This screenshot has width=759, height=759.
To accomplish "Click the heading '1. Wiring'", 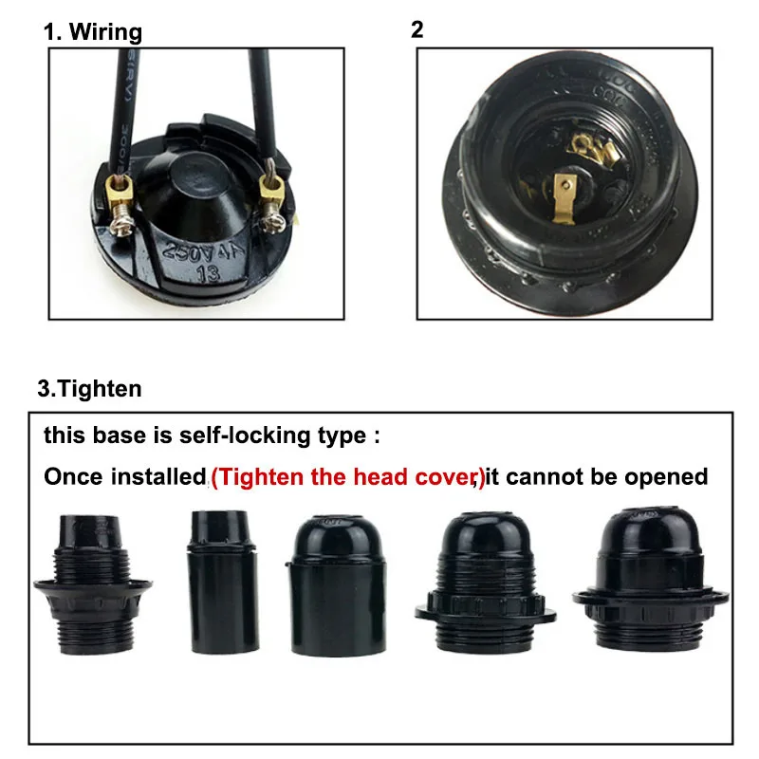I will [92, 31].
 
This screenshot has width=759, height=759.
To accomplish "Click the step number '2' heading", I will [417, 29].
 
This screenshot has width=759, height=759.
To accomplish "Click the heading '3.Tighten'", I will [89, 388].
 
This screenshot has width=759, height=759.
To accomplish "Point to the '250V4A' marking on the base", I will [196, 250].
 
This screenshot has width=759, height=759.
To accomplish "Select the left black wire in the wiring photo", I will [125, 104].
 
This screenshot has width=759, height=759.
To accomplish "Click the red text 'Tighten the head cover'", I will [347, 476].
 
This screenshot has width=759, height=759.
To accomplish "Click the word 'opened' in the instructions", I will [669, 476].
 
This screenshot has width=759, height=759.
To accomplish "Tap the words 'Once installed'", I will [123, 476].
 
